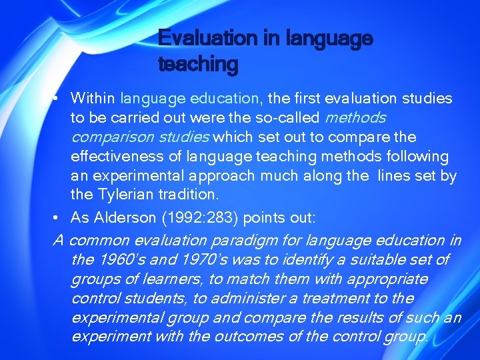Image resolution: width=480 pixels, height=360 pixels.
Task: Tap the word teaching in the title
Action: click(x=198, y=65)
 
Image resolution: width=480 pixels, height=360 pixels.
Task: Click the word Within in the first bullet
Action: click(x=93, y=99)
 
